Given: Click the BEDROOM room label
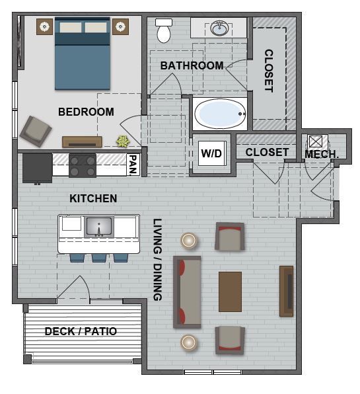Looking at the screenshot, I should (86, 112).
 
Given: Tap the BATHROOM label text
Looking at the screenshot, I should (192, 65).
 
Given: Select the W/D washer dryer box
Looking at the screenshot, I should (211, 153).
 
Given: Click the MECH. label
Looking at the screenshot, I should (322, 154).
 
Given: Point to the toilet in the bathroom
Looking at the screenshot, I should (163, 30).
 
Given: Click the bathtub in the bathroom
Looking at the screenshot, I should (220, 114).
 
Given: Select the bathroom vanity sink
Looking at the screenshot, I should (219, 28).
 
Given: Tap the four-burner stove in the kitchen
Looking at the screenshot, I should (83, 165).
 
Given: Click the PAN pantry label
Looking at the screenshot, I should (133, 164).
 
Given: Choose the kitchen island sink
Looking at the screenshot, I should (99, 226).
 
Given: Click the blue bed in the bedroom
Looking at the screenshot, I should (83, 53).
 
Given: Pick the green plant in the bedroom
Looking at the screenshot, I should (123, 141).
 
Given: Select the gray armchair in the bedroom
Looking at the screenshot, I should (34, 130).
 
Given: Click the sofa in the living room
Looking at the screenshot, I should (187, 292).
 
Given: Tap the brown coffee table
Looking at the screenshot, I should (230, 291).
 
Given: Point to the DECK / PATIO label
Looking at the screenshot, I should (81, 331).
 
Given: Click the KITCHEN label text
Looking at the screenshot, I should (93, 198).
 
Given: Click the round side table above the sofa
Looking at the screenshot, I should (190, 240).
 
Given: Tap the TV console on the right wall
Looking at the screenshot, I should (287, 291).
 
